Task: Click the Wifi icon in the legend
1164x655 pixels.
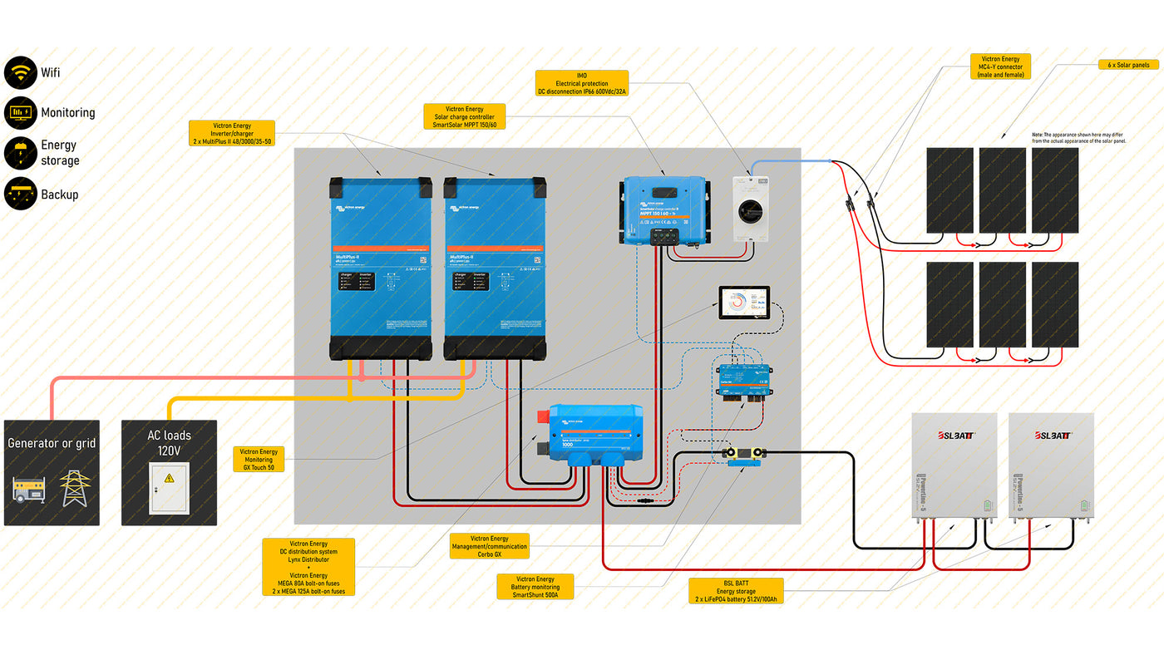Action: [20, 72]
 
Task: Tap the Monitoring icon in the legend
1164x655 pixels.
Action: [20, 112]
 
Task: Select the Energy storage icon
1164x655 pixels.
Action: [20, 153]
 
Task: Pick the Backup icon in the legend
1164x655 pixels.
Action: [20, 194]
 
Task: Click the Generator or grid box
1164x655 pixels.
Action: [52, 472]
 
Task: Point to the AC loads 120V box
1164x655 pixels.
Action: [169, 472]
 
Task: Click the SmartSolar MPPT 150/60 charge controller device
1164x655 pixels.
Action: [664, 210]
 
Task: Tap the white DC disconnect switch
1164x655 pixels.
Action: [750, 208]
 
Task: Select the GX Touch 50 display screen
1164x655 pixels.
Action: [744, 303]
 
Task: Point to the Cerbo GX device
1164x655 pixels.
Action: [744, 381]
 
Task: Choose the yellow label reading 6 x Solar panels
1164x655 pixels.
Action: [1127, 64]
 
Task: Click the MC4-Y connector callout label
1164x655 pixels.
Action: [1000, 66]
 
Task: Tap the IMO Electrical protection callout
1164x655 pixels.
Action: [582, 84]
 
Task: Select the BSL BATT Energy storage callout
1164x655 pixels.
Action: [736, 591]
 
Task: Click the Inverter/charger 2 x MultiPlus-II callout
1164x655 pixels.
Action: [232, 134]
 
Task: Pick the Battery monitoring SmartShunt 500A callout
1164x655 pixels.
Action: [535, 587]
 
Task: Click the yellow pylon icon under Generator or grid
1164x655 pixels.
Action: [75, 488]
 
